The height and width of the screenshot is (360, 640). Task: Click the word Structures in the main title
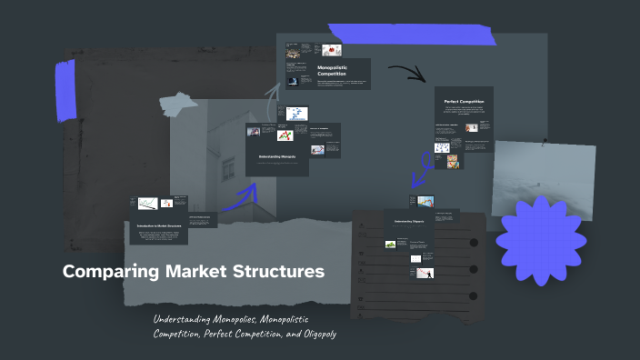click(x=277, y=272)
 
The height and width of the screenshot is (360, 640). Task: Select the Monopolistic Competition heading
click(x=333, y=70)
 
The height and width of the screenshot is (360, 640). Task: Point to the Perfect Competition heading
click(x=463, y=101)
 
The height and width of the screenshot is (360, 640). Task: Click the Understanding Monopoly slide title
click(x=276, y=156)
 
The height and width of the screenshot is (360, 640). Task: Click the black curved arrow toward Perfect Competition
click(x=406, y=72)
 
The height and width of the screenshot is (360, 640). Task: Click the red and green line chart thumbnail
click(x=284, y=135)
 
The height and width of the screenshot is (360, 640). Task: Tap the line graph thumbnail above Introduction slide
click(x=147, y=204)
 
